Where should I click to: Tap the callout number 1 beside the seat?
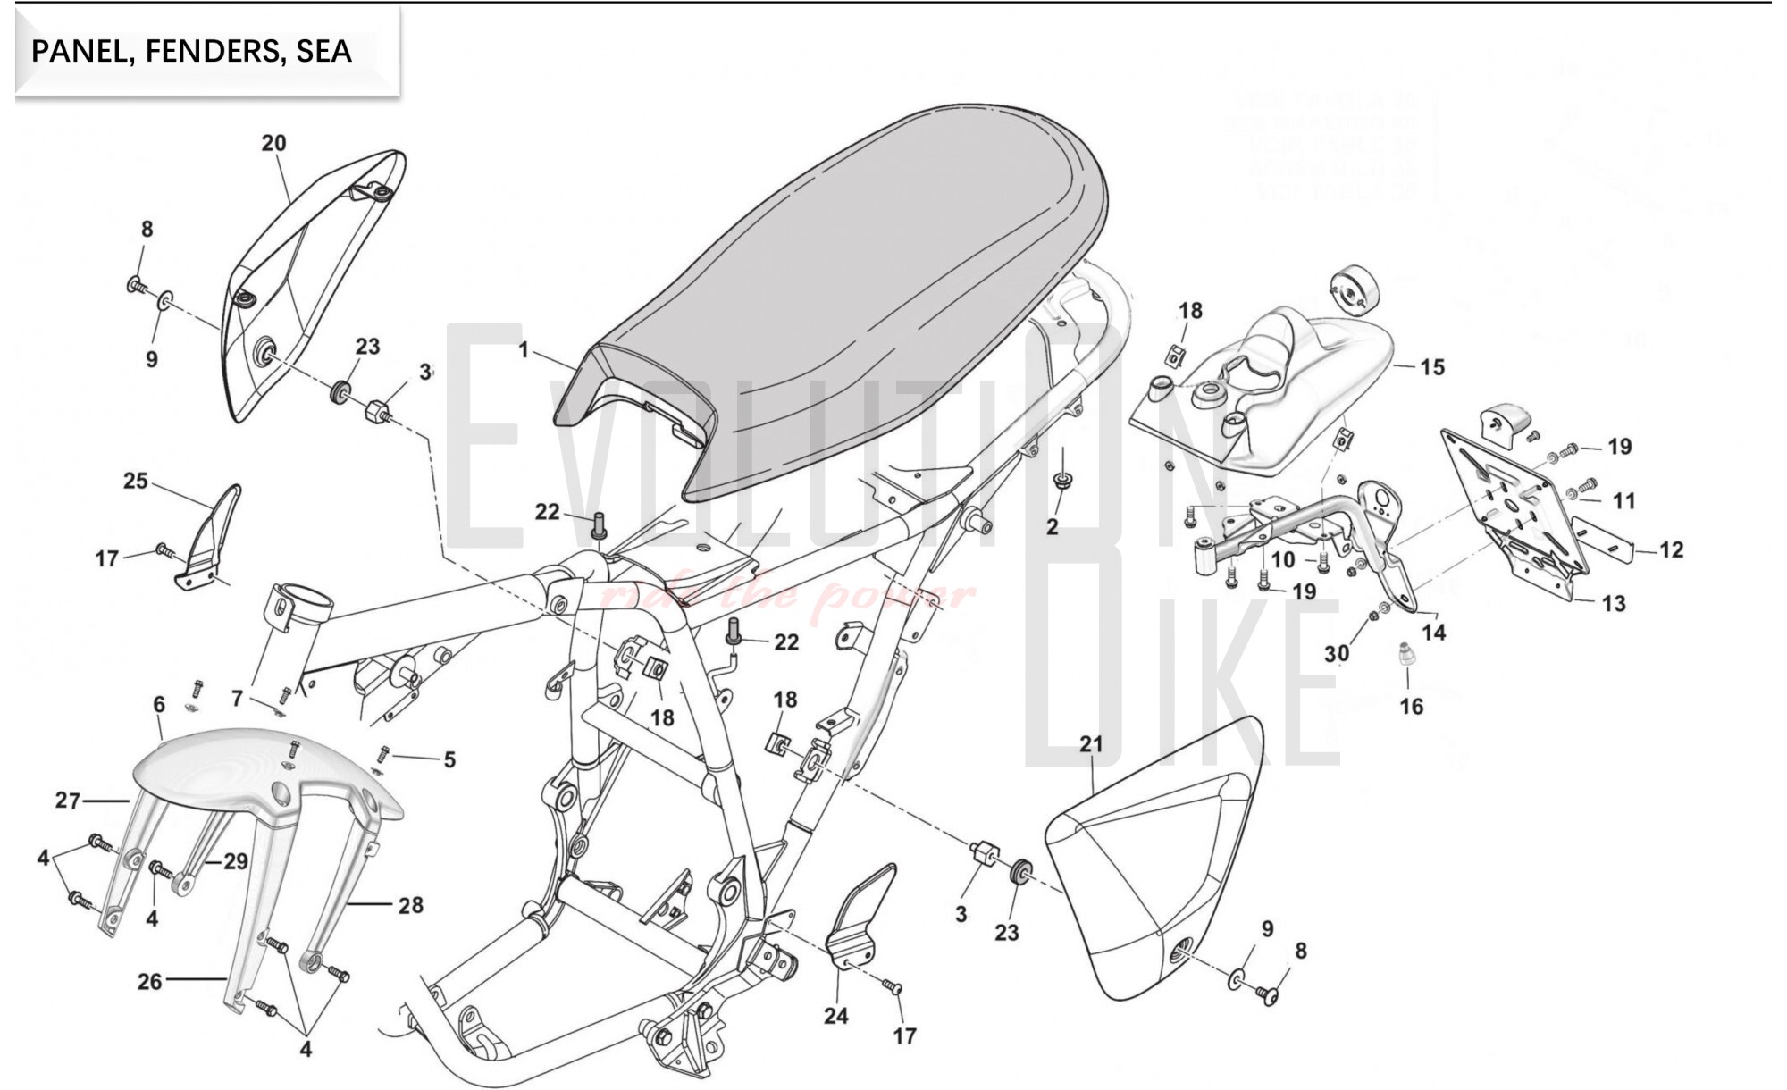point(524,350)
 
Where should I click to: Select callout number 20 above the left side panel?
point(273,143)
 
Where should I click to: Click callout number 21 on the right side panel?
point(1091,744)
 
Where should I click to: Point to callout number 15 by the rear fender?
point(1431,367)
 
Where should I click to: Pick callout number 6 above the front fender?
point(159,704)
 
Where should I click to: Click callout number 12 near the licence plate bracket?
point(1671,549)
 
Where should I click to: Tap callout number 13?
point(1613,604)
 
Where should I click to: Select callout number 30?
point(1336,654)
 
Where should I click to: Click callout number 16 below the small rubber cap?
point(1411,707)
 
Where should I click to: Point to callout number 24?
point(835,1016)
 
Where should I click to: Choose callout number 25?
point(135,481)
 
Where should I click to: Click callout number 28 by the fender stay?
point(410,906)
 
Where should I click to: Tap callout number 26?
point(149,981)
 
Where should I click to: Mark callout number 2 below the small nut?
point(1052,527)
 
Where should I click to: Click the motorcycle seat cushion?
point(858,268)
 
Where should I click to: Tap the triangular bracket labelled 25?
point(210,541)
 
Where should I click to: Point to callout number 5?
point(449,759)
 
